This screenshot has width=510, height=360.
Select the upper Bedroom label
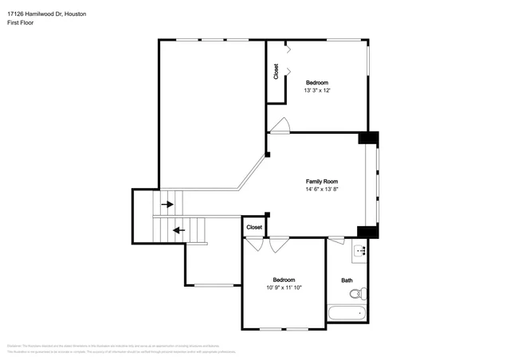click(316, 83)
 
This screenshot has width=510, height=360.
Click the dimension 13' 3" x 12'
click(316, 91)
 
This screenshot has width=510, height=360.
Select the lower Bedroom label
click(284, 280)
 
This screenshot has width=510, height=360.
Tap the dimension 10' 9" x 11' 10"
click(284, 288)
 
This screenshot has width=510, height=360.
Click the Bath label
click(347, 280)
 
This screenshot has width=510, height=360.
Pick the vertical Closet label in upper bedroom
click(276, 72)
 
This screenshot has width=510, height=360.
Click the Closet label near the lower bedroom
click(254, 227)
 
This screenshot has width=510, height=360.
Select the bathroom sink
click(360, 251)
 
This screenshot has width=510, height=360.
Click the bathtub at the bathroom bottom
click(347, 314)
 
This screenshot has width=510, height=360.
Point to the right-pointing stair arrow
click(167, 205)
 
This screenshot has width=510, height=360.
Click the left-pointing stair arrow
click(179, 230)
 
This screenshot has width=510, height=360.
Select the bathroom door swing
click(335, 239)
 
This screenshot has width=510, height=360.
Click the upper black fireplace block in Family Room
click(368, 138)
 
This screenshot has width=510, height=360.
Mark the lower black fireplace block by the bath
click(367, 232)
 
